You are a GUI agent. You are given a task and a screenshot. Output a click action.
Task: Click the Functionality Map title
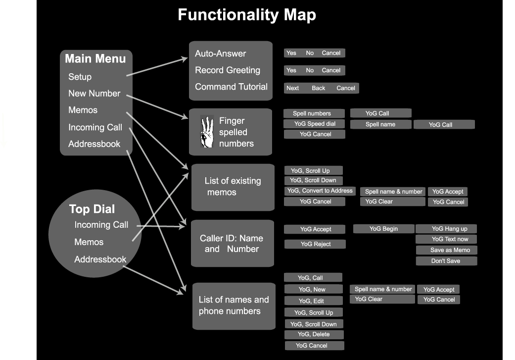[x=247, y=15]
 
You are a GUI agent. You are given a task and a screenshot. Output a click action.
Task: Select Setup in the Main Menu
[x=80, y=77]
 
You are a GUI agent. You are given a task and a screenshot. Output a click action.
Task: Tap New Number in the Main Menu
[x=94, y=93]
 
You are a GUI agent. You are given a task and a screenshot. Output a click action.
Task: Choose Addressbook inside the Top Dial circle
[x=100, y=259]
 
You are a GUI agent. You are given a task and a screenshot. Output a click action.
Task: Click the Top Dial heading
[x=92, y=208]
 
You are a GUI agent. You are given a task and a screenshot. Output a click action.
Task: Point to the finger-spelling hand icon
[x=207, y=131]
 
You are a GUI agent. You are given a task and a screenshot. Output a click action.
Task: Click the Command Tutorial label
[x=231, y=87]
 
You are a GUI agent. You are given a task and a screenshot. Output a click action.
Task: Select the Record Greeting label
[x=227, y=70]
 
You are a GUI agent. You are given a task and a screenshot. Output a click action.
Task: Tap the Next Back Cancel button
[x=321, y=88]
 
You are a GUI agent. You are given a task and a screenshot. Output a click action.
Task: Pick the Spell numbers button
[x=314, y=113]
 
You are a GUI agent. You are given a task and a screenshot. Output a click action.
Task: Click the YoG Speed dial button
[x=314, y=124]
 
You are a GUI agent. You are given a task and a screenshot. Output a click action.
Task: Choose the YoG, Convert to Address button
[x=320, y=191]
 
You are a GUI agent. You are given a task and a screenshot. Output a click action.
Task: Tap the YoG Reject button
[x=315, y=244]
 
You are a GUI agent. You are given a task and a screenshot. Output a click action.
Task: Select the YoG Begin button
[x=383, y=229]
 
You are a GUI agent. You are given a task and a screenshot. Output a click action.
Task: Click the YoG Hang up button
[x=446, y=229]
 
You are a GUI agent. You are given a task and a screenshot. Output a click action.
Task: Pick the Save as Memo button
[x=446, y=250]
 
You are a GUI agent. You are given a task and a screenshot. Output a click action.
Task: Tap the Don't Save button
[x=446, y=261]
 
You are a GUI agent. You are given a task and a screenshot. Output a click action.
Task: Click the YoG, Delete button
[x=314, y=334]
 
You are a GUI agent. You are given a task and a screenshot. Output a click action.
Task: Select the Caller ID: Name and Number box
[x=232, y=243]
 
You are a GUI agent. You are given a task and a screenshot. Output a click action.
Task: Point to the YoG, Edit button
[x=314, y=301]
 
